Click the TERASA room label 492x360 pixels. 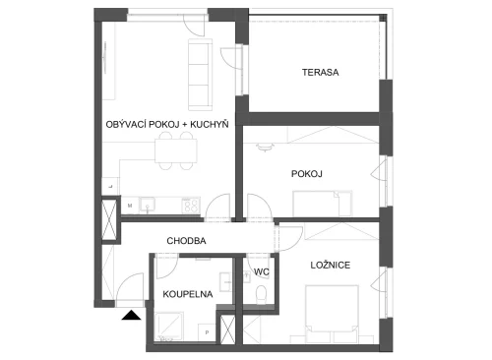point(321,72)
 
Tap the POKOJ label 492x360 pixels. point(307,174)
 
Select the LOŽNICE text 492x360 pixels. point(331,265)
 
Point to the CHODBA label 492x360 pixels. point(186,241)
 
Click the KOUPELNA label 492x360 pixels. point(188,294)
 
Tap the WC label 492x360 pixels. point(262,271)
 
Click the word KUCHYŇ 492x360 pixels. point(210,124)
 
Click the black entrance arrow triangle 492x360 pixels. point(131,315)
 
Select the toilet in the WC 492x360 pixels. point(262,294)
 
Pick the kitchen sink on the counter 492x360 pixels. point(148,206)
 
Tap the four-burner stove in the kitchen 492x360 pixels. point(191,206)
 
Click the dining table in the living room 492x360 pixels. point(176,150)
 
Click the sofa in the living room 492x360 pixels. point(200,75)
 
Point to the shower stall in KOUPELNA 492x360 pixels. point(168,326)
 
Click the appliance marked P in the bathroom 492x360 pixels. point(207,332)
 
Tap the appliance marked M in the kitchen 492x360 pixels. point(130,206)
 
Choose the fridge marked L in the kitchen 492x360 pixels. point(110,186)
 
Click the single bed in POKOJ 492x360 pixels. point(323,204)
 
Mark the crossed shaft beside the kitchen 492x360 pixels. point(109,220)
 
